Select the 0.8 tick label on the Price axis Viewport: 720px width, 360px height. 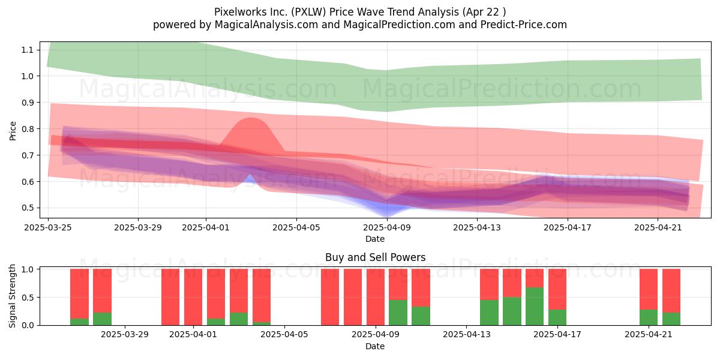pyautogui.click(x=27, y=129)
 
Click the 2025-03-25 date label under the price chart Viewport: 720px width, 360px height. pyautogui.click(x=48, y=227)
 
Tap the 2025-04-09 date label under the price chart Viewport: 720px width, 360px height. pyautogui.click(x=387, y=227)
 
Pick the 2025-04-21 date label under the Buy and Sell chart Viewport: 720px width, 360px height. pyautogui.click(x=649, y=335)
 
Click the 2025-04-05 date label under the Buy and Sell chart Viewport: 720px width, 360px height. pyautogui.click(x=284, y=335)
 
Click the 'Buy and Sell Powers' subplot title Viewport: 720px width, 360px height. pyautogui.click(x=375, y=257)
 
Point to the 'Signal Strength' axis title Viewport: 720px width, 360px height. pyautogui.click(x=12, y=296)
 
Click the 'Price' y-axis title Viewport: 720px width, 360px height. pyautogui.click(x=13, y=131)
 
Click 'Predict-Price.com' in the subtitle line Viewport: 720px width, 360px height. pyautogui.click(x=524, y=25)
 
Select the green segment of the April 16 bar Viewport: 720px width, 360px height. pyautogui.click(x=535, y=307)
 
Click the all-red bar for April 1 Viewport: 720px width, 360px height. pyautogui.click(x=193, y=297)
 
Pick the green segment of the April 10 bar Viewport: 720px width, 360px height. pyautogui.click(x=398, y=313)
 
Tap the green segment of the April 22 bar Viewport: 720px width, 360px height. pyautogui.click(x=671, y=319)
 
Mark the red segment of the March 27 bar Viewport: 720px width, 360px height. pyautogui.click(x=102, y=290)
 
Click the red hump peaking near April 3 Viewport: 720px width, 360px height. pyautogui.click(x=251, y=135)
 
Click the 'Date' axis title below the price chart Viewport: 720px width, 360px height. pyautogui.click(x=375, y=239)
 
